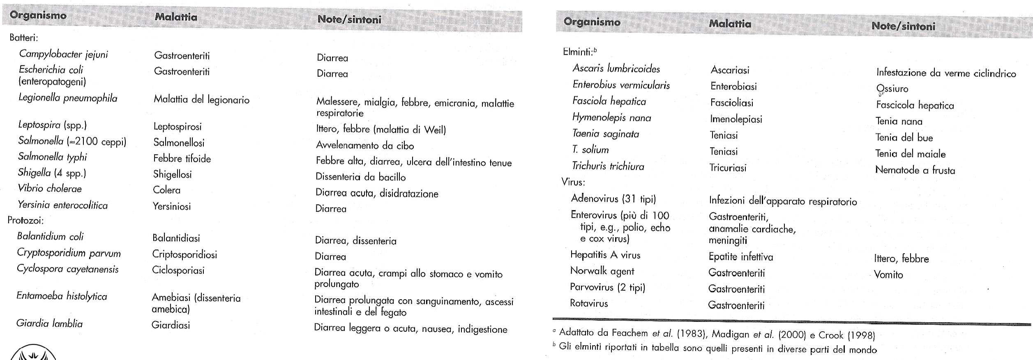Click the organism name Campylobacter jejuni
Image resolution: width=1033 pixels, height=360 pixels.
[x=63, y=54]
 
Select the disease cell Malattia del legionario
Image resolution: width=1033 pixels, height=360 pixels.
[x=201, y=99]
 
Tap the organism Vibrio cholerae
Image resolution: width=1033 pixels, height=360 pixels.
[x=50, y=189]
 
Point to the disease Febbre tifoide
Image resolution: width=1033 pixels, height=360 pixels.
[x=182, y=159]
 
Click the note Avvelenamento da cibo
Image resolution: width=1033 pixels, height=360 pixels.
[x=365, y=145]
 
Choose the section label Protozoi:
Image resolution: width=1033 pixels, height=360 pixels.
[x=25, y=221]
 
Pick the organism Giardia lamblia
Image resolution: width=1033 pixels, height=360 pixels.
[x=49, y=323]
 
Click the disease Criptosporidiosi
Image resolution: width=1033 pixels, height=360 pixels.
[x=184, y=254]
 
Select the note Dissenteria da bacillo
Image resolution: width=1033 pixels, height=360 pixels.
[x=360, y=177]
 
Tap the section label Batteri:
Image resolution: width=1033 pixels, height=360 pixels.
[x=24, y=38]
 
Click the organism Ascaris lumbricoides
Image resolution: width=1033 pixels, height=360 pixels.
[x=616, y=69]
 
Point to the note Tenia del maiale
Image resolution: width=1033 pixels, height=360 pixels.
[x=910, y=154]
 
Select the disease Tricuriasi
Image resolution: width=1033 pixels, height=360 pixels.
[x=728, y=168]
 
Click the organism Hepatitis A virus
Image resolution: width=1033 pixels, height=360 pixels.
[x=605, y=255]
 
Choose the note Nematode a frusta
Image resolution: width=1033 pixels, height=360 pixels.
[x=915, y=170]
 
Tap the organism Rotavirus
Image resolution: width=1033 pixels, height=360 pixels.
[x=589, y=303]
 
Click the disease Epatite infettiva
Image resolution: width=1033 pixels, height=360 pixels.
[x=740, y=257]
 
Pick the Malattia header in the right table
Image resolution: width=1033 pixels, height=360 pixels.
[x=730, y=24]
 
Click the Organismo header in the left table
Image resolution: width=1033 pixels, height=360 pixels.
[x=38, y=16]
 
